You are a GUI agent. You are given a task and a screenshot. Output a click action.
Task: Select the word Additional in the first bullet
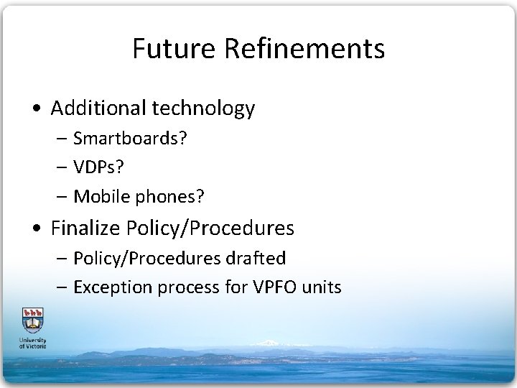(x=97, y=108)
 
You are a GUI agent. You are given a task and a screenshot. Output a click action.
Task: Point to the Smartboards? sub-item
(x=131, y=138)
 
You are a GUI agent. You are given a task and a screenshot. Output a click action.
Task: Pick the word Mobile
(x=99, y=195)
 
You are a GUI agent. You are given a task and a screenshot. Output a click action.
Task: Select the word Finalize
(x=87, y=228)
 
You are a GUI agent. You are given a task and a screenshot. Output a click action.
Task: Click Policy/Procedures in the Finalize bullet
(x=210, y=229)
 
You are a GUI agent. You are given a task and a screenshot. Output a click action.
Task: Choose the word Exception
(x=109, y=287)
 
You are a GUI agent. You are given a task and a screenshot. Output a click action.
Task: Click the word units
(x=322, y=287)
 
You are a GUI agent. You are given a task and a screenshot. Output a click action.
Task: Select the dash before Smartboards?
(x=62, y=139)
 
